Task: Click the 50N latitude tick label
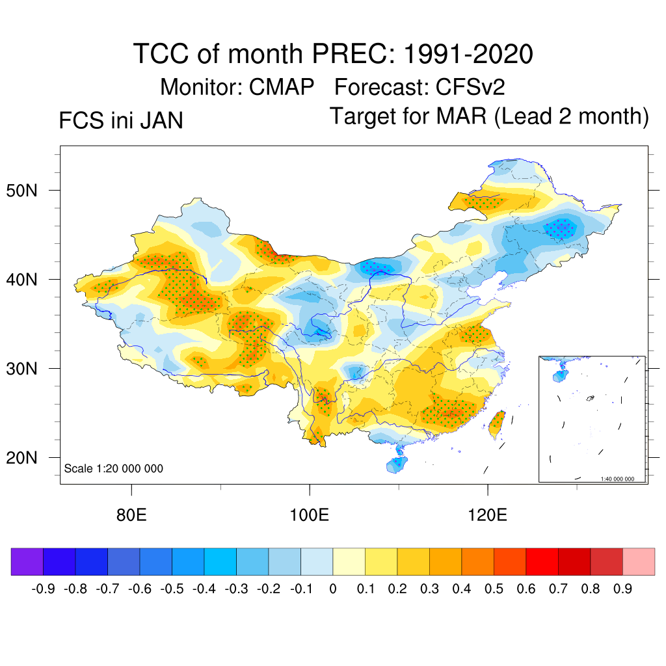[27, 191]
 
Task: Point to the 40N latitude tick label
[27, 280]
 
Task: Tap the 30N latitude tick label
[27, 369]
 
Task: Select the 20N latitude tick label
[27, 458]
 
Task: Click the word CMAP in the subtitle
[282, 87]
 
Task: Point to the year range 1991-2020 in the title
[468, 53]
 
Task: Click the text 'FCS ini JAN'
[121, 121]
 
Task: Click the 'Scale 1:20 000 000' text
[114, 468]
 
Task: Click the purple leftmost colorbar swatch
[27, 561]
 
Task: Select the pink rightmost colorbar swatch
[639, 561]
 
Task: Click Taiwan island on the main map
[497, 423]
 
